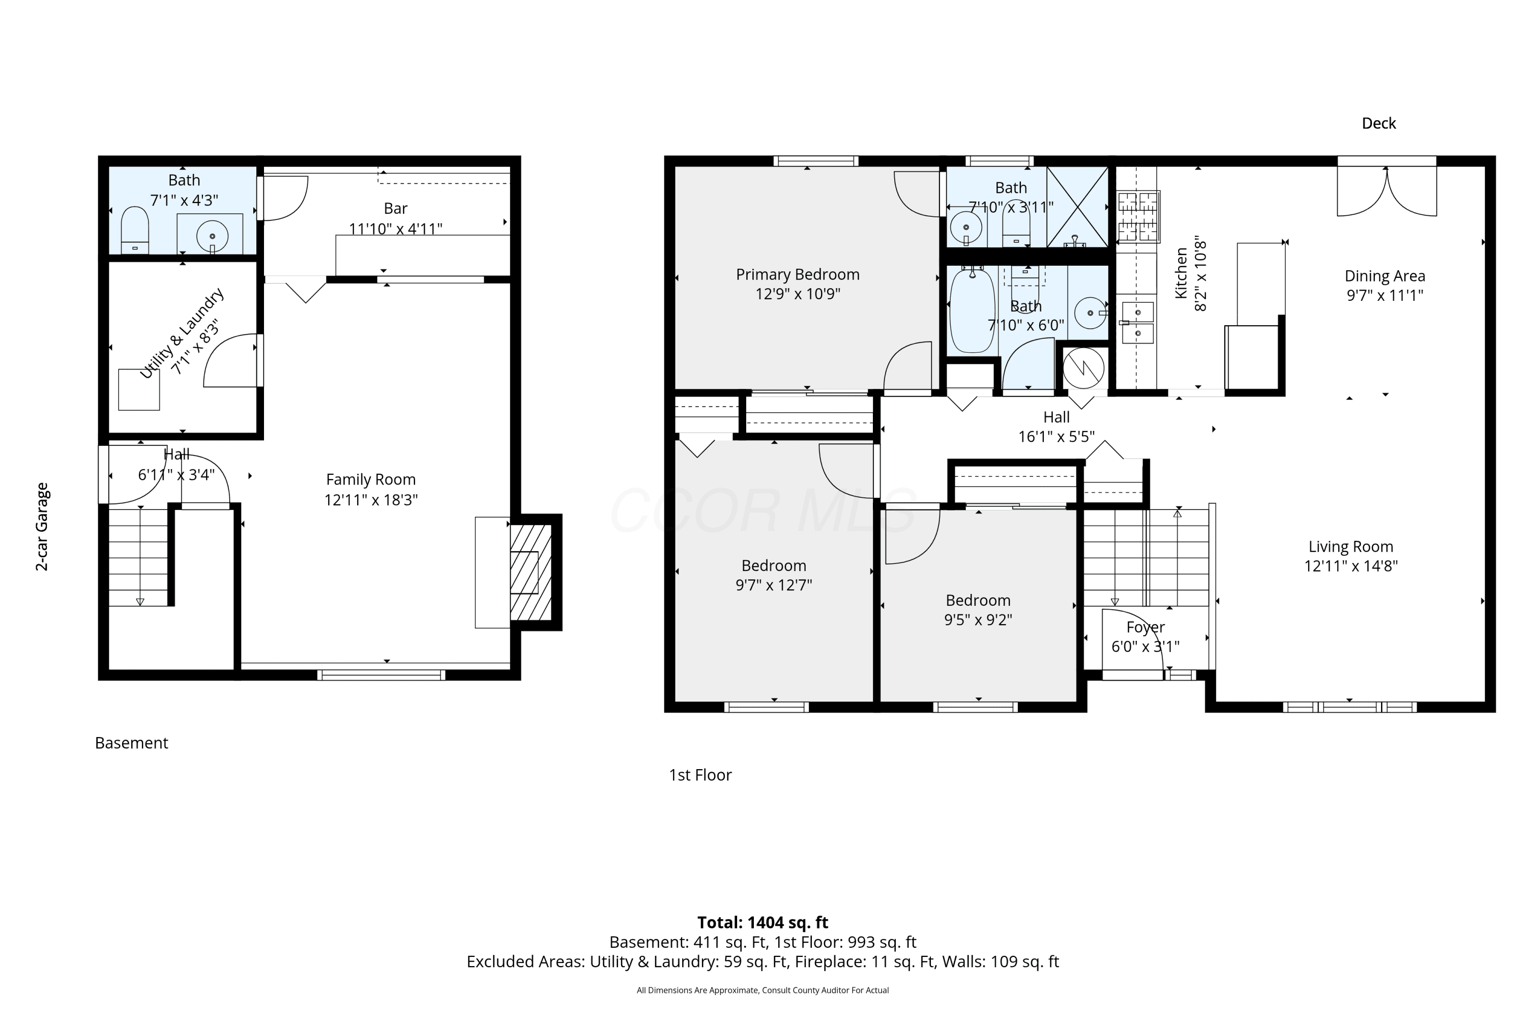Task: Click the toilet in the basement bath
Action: point(135,231)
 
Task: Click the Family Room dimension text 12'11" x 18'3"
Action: point(371,500)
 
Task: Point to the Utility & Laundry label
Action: point(182,332)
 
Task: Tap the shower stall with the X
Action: point(1078,207)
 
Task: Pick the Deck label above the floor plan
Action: point(1378,123)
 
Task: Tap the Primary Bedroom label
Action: point(798,275)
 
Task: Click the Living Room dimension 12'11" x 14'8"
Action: point(1351,565)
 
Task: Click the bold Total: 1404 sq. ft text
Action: point(762,922)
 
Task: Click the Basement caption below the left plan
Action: point(132,743)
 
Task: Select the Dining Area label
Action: point(1385,276)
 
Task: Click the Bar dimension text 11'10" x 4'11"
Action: point(396,229)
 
